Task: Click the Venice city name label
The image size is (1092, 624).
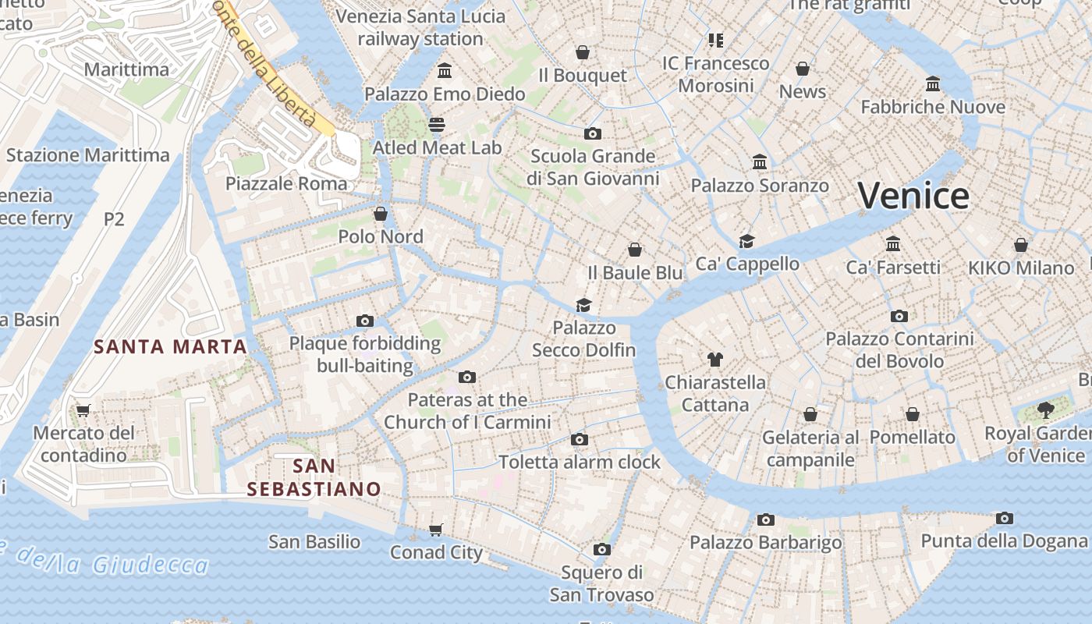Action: coord(913,195)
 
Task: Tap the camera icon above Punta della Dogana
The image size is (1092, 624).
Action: coord(1005,518)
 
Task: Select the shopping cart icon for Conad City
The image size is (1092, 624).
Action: coord(436,530)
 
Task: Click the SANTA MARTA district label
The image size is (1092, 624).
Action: coord(170,346)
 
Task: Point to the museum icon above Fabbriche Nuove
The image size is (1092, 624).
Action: coord(933,83)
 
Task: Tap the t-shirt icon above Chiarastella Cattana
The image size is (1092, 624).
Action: coord(715,360)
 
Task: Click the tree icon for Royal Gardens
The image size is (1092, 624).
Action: coord(1046,410)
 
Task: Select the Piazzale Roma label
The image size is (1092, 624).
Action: coord(286,184)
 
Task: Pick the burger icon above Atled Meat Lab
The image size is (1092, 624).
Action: coord(437,125)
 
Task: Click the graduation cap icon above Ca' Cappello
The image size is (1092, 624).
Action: coord(747,241)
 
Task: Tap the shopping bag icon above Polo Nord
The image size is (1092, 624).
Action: coord(381,214)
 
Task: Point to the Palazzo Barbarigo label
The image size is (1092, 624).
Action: coord(765,543)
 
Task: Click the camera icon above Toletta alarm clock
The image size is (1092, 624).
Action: coord(579,440)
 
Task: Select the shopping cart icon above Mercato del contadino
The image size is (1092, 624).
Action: coord(83,410)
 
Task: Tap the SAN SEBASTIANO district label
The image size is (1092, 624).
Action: coord(314,477)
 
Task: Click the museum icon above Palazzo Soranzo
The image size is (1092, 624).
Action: coord(760,162)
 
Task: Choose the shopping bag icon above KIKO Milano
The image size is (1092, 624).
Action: coord(1020,246)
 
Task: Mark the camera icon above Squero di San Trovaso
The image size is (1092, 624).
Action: coord(601,550)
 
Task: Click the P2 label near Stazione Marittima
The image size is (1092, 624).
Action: coord(114,219)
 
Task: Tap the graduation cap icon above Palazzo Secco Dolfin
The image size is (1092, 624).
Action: coord(583,305)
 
